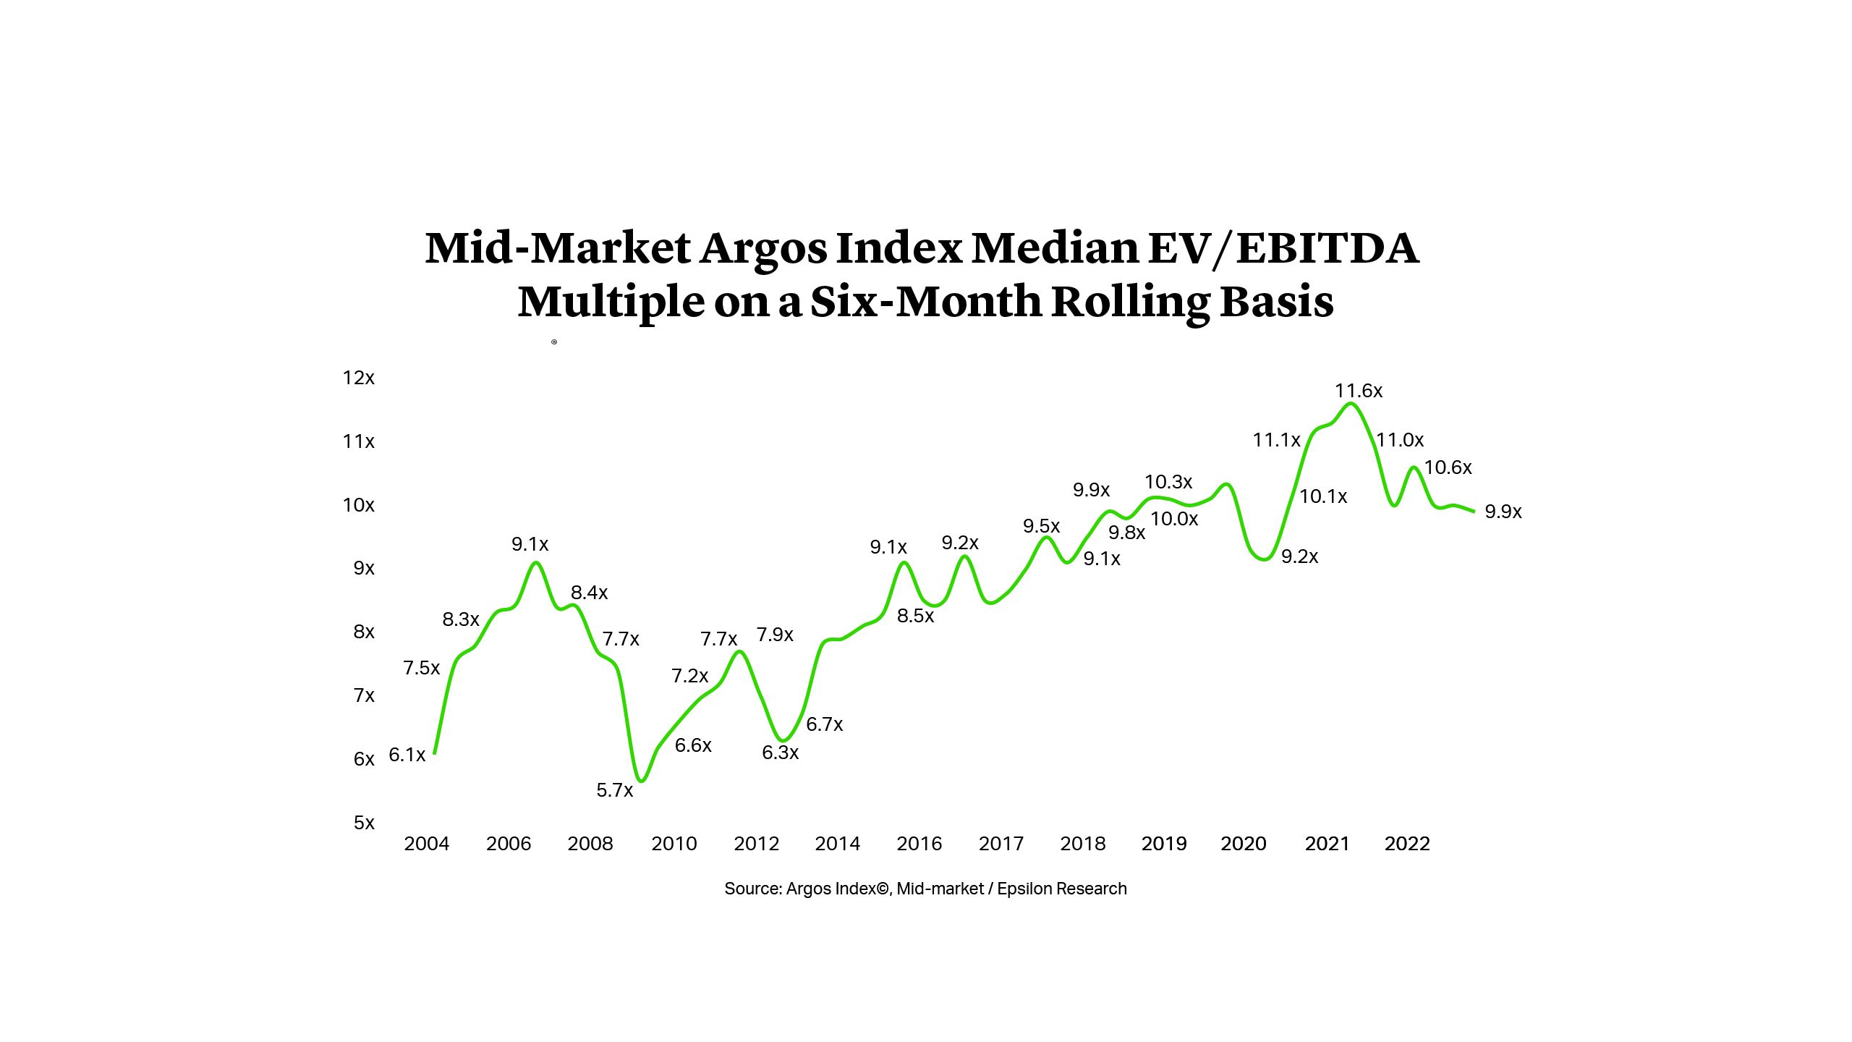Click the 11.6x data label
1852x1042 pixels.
click(x=1358, y=391)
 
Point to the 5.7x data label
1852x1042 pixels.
click(x=614, y=790)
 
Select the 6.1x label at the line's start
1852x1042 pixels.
click(x=407, y=755)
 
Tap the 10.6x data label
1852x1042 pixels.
click(x=1448, y=467)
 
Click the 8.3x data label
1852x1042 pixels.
click(x=461, y=619)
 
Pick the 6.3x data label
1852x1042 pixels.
click(x=780, y=753)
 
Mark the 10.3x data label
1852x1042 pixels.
click(x=1168, y=482)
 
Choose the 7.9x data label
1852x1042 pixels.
click(x=775, y=635)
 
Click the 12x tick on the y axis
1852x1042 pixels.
click(x=358, y=378)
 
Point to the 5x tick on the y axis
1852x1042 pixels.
click(x=364, y=823)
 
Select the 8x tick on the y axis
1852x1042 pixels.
click(x=364, y=632)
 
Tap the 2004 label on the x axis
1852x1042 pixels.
click(x=426, y=844)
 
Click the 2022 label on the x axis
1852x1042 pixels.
click(x=1407, y=844)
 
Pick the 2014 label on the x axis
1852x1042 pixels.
click(x=837, y=844)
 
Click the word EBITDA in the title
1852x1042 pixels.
click(x=1327, y=248)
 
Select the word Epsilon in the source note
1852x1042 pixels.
click(x=1023, y=889)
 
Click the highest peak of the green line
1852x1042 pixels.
click(x=1351, y=403)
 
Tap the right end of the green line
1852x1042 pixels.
click(x=1474, y=512)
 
